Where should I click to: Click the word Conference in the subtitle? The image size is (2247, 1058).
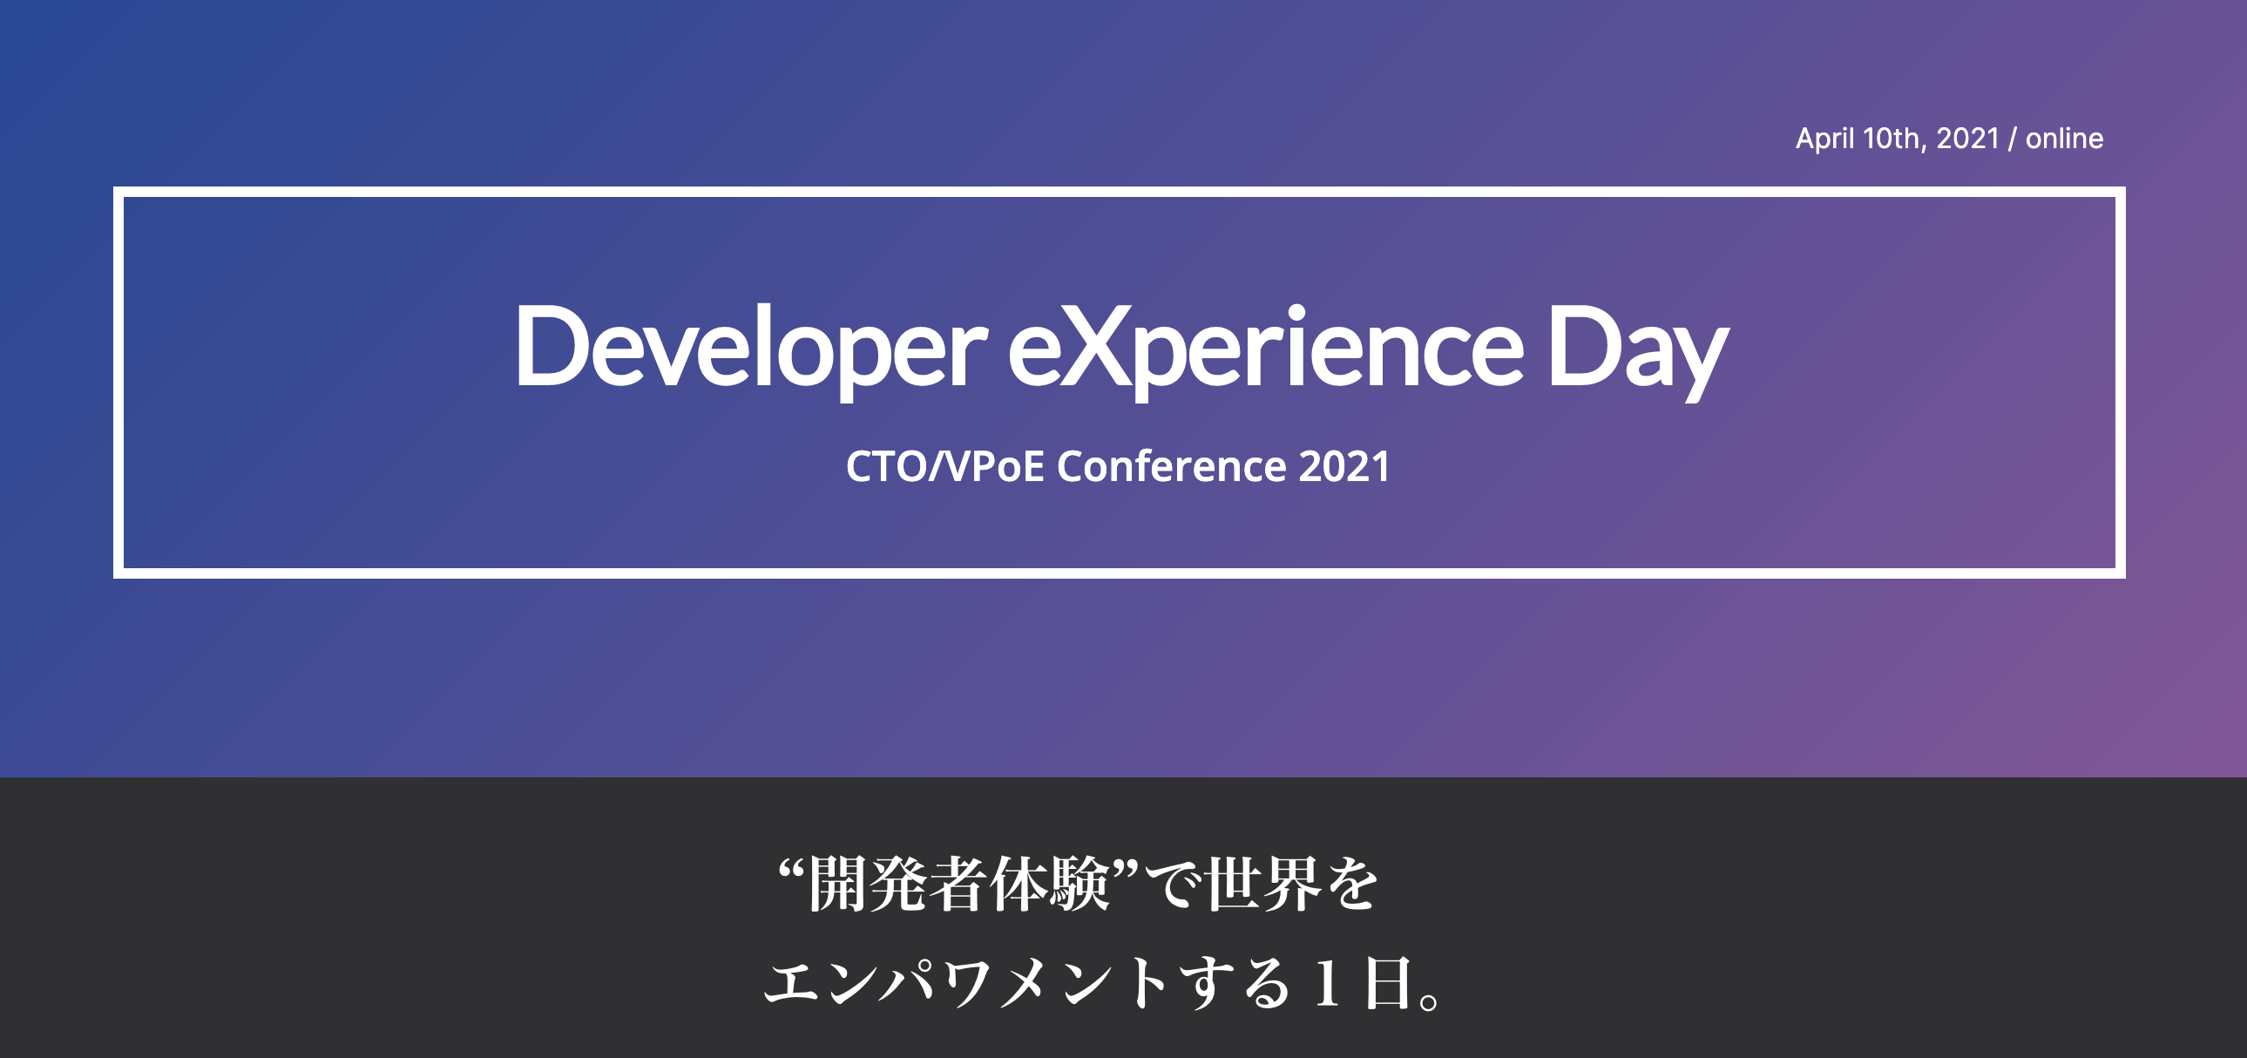click(x=1171, y=466)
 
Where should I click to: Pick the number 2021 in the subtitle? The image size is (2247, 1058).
click(x=1344, y=466)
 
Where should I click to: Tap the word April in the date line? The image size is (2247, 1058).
click(x=1824, y=139)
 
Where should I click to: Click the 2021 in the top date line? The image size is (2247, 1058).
click(x=1967, y=139)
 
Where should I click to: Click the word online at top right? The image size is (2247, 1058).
click(x=2064, y=139)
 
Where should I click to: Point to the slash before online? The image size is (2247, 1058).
click(x=2012, y=139)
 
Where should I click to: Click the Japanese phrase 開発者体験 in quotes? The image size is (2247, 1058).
click(x=958, y=885)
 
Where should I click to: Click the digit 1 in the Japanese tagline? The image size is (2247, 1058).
click(x=1326, y=983)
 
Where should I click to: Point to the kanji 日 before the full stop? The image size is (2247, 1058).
click(x=1387, y=983)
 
